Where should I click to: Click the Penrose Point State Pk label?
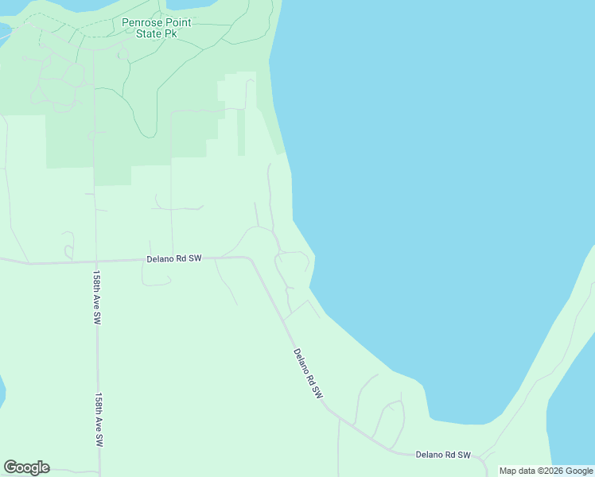157,28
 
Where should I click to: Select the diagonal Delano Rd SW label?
308,373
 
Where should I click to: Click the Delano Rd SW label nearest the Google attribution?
443,455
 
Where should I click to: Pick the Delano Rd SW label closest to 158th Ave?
174,259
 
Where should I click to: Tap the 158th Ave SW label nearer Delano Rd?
96,297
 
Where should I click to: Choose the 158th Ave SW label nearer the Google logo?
99,419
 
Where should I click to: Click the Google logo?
26,467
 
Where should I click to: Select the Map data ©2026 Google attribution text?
546,471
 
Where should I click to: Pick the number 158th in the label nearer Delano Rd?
95,281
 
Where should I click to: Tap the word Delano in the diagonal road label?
303,364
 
